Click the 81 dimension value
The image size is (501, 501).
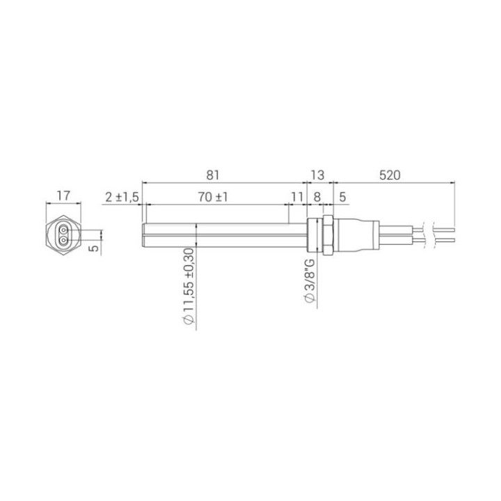(x=213, y=175)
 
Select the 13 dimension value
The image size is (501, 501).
(x=317, y=175)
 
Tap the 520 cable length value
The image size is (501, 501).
(x=390, y=175)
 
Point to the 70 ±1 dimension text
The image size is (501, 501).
(x=213, y=197)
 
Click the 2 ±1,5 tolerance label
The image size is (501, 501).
(x=122, y=198)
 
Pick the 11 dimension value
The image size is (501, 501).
(x=297, y=197)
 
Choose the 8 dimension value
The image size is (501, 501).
(x=317, y=197)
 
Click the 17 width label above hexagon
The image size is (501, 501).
(x=63, y=196)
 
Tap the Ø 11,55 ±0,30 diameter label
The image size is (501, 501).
(x=189, y=286)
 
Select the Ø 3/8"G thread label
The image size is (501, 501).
(x=310, y=280)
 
